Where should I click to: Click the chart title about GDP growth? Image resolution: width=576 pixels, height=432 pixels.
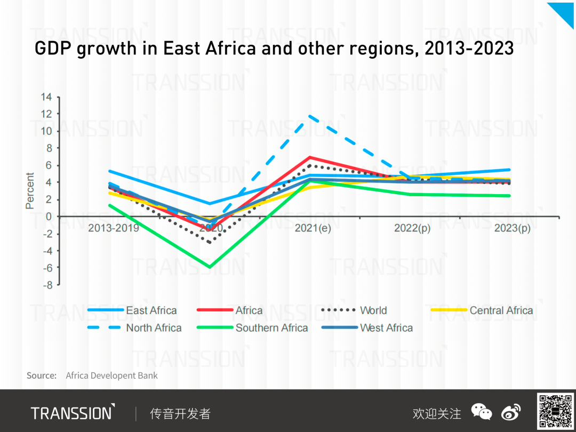274,49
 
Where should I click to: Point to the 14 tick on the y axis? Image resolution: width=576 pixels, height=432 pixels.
46,97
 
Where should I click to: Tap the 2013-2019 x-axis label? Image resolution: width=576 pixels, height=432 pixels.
114,228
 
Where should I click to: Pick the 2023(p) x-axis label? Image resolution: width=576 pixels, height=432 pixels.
512,228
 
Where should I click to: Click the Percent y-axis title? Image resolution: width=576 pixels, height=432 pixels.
30,190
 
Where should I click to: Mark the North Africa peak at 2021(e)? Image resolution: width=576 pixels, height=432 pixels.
310,116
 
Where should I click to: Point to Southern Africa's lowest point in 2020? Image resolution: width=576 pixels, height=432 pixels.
210,267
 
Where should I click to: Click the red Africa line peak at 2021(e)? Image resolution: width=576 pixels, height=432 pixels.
310,157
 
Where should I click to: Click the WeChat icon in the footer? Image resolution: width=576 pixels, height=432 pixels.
481,412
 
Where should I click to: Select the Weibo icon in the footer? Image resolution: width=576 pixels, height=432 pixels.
511,412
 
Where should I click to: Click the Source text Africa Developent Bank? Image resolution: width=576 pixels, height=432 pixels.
111,375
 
